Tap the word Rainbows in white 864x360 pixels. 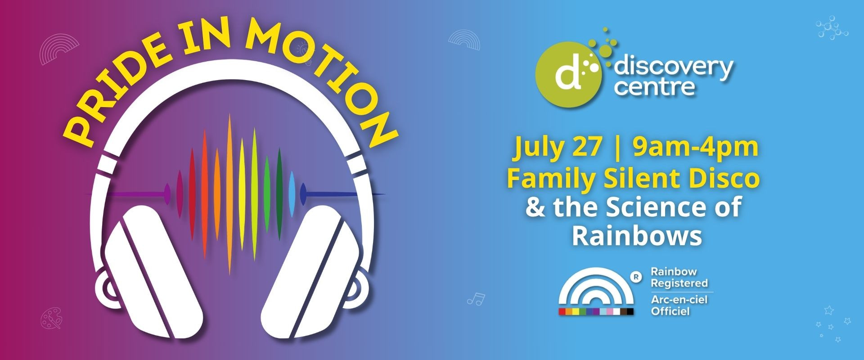(x=637, y=236)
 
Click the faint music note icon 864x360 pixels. (x=476, y=299)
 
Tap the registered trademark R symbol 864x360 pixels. (x=636, y=278)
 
